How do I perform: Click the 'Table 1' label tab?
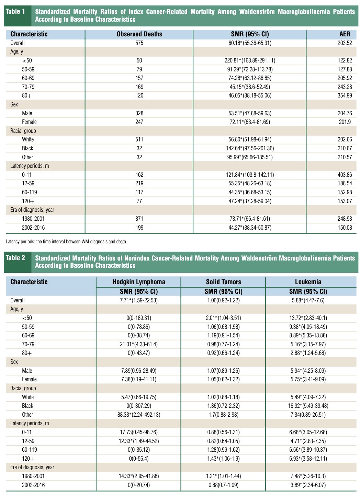(x=15, y=12)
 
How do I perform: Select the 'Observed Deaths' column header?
(x=139, y=34)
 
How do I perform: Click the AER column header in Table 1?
(x=345, y=34)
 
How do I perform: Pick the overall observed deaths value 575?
(x=139, y=43)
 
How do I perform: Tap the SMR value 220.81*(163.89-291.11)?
(x=250, y=60)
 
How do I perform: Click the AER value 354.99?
(x=345, y=95)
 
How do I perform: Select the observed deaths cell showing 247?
(x=139, y=122)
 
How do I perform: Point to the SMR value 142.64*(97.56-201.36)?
(x=250, y=148)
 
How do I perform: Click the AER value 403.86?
(x=345, y=175)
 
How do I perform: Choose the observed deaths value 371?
(x=139, y=219)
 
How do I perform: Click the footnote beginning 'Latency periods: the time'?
(x=67, y=242)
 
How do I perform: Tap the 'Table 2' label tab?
(x=15, y=258)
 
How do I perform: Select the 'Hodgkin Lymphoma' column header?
(x=139, y=282)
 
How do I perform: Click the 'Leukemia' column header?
(x=308, y=282)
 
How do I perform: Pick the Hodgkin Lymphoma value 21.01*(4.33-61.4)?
(x=138, y=344)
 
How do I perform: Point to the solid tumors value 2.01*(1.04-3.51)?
(x=223, y=318)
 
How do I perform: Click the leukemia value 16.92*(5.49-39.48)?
(x=308, y=406)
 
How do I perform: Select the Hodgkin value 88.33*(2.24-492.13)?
(x=138, y=415)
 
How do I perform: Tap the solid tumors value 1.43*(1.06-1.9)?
(x=223, y=459)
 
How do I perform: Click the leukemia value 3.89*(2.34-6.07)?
(x=308, y=485)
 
